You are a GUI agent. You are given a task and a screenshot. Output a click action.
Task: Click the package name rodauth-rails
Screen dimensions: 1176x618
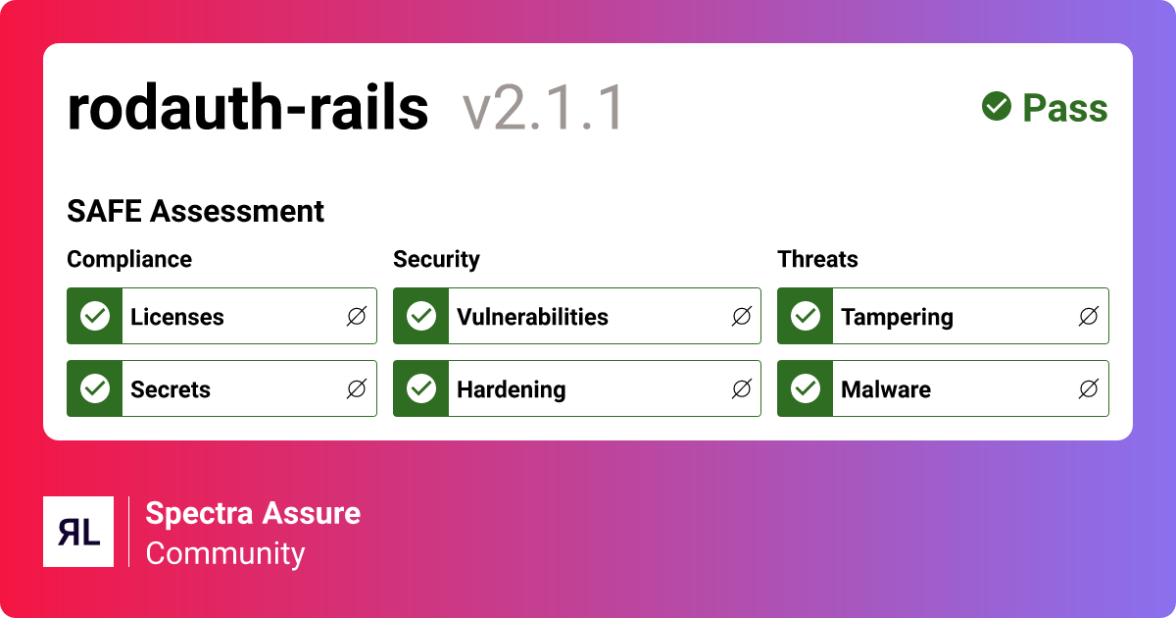(x=248, y=107)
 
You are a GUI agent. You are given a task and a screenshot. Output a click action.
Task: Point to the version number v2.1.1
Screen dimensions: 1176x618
(x=543, y=108)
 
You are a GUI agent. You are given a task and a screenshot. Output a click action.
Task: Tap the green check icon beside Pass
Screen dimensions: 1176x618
(x=997, y=106)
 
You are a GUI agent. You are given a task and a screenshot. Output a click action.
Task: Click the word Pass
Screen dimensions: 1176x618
(x=1065, y=108)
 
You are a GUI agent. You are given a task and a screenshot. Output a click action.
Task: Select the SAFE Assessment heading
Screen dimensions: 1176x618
(x=195, y=211)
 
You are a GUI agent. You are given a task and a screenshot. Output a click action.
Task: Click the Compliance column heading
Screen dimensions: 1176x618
(x=129, y=260)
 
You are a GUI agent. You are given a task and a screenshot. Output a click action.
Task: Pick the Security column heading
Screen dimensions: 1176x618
(x=436, y=260)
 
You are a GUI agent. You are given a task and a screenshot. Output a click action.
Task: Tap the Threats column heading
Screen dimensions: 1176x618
(x=817, y=259)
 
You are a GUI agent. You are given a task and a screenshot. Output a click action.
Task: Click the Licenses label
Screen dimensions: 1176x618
(x=177, y=317)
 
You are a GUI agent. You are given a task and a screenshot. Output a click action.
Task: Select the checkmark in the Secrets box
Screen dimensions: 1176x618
(x=95, y=388)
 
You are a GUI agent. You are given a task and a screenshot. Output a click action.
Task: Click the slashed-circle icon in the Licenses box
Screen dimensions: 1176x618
(x=357, y=316)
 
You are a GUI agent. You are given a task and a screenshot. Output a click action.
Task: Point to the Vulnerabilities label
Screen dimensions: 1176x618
(x=532, y=317)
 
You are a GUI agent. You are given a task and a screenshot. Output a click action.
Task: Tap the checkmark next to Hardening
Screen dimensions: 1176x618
(x=421, y=388)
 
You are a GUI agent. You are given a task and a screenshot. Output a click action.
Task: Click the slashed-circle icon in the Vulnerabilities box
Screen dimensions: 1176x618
(x=741, y=316)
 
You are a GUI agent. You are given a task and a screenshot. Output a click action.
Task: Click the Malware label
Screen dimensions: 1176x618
(x=886, y=389)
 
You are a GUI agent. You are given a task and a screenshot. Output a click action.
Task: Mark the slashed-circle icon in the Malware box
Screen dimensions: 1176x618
(x=1089, y=388)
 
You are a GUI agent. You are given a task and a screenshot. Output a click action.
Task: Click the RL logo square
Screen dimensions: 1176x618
(x=78, y=532)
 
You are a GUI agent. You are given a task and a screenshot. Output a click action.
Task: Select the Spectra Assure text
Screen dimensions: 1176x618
(x=253, y=513)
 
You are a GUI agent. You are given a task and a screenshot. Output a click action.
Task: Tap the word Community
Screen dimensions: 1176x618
(x=225, y=554)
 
